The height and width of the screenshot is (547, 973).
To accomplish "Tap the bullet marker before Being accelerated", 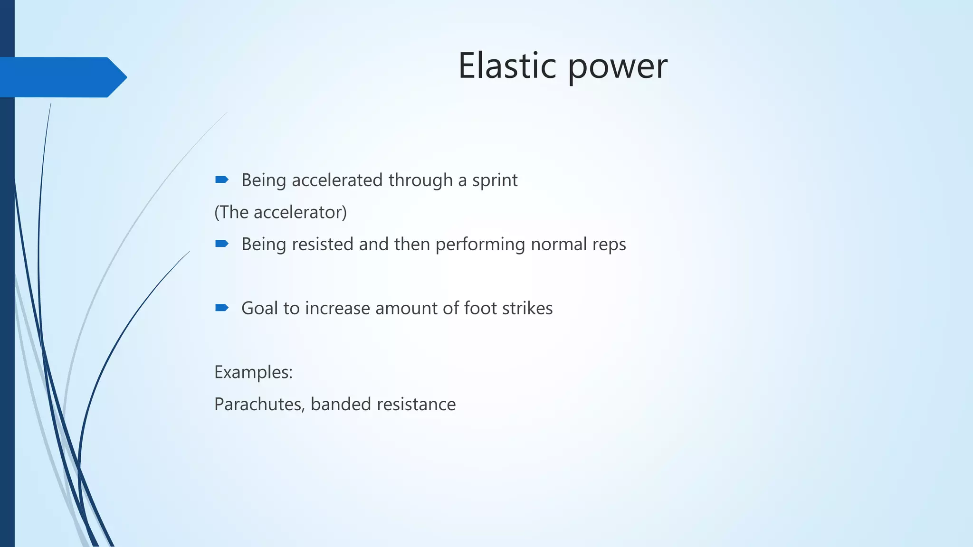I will click(x=222, y=179).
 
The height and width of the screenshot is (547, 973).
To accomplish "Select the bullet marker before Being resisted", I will click(x=222, y=244).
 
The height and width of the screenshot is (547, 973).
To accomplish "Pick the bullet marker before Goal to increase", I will click(x=222, y=308).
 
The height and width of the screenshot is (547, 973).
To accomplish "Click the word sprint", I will click(x=495, y=181).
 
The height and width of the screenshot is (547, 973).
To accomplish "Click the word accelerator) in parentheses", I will click(x=300, y=212).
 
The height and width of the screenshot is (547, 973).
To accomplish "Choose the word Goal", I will click(x=259, y=308).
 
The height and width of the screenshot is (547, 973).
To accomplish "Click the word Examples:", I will click(x=253, y=372).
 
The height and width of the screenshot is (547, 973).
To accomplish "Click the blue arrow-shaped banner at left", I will click(x=62, y=77).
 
